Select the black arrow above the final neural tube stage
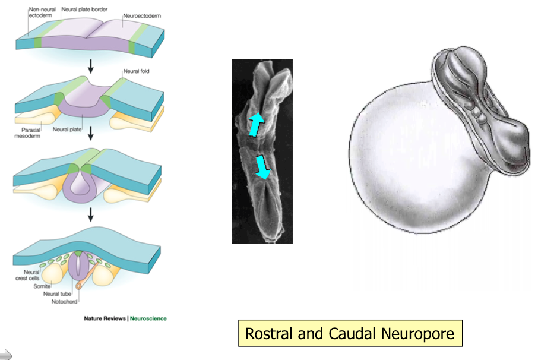click(90, 213)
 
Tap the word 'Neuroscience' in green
click(148, 318)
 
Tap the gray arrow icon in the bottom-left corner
click(7, 355)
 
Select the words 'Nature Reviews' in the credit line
click(105, 318)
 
